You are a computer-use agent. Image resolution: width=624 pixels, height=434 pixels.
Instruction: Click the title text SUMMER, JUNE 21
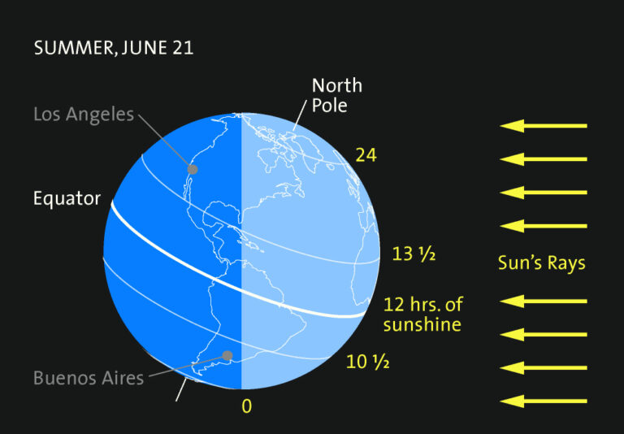tap(113, 48)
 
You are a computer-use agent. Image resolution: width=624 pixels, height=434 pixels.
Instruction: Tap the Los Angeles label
tap(84, 114)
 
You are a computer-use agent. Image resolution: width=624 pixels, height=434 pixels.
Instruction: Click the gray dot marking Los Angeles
tap(193, 169)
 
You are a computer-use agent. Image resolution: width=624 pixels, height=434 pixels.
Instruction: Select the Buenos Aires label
tap(89, 378)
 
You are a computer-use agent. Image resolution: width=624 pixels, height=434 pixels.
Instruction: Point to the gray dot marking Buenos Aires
tap(227, 355)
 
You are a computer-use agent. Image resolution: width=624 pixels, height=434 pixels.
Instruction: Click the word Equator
tap(67, 198)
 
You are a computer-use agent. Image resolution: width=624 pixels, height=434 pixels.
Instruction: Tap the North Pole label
tap(336, 95)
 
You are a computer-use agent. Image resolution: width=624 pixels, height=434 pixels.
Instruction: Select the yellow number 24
tap(366, 154)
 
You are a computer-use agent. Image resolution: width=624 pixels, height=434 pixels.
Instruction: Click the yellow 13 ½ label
tap(414, 254)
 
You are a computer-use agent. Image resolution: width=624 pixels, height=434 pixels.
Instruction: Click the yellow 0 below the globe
tap(246, 405)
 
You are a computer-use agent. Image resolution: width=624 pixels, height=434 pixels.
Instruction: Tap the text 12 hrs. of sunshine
tap(422, 315)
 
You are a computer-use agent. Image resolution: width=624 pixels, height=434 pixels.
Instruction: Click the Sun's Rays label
tap(541, 263)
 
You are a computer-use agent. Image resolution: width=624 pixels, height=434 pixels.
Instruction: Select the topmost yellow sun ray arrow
tap(543, 126)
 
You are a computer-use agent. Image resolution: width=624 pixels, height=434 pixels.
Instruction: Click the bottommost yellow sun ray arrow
tap(543, 401)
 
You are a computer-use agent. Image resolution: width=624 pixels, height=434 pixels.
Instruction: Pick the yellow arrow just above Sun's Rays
tap(543, 226)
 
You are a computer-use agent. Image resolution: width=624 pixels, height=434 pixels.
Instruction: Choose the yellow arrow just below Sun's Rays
tap(543, 302)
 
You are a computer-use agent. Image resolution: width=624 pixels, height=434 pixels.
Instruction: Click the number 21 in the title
tap(182, 48)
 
